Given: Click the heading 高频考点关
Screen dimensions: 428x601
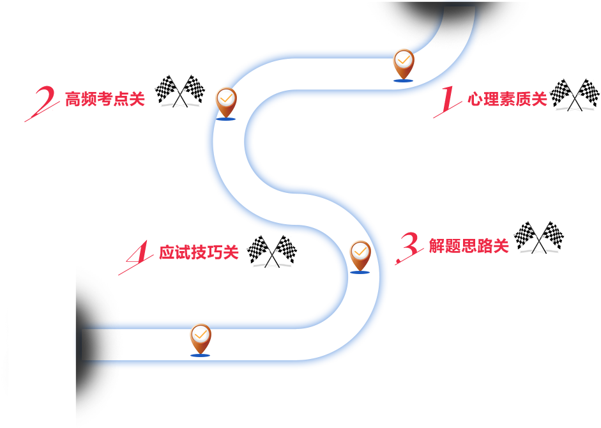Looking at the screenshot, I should point(105,99).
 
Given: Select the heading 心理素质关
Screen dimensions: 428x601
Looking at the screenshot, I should point(507,99).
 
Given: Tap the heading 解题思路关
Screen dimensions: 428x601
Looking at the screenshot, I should point(469,245).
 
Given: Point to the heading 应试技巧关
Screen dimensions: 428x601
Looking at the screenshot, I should point(199,253).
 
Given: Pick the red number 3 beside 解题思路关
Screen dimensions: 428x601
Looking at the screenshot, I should point(407,248).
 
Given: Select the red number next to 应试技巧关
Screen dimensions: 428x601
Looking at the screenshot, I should point(133,259).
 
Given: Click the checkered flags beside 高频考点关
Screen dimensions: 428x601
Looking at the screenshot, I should point(180,91).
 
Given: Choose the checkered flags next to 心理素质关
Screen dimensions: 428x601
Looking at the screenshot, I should point(574,95).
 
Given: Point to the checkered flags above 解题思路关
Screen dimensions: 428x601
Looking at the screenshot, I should point(538,237).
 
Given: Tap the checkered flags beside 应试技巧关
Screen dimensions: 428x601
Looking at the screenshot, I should point(272,251).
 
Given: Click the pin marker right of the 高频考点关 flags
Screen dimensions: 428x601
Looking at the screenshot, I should point(226,103).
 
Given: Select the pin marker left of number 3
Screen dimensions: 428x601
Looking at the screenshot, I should point(360,256).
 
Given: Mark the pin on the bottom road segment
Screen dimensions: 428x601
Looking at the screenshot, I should point(200,339).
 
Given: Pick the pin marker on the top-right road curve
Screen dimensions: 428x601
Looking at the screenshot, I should point(403,65).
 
